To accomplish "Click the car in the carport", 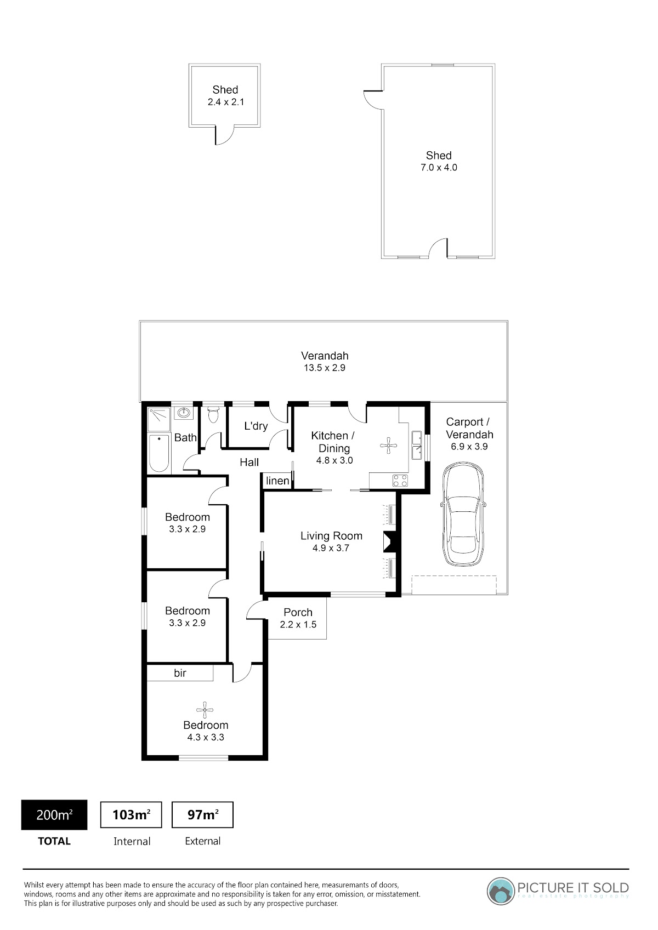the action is coord(463,514).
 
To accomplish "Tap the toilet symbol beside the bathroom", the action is coord(213,414).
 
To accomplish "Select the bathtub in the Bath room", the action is coord(159,453).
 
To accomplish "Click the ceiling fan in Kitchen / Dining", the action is coord(388,446).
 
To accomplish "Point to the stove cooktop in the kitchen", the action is coord(400,481).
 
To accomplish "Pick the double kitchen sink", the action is coord(416,445).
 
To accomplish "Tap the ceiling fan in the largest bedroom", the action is coord(205,710).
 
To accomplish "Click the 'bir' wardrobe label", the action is coord(180,673).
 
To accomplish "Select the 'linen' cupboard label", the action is coord(277,481).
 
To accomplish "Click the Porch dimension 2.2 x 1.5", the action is coord(298,624).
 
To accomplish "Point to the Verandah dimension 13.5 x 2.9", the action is coord(325,368).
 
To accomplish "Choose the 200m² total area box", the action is coord(54,815).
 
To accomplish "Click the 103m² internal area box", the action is coord(131,815).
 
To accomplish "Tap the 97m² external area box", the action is coord(203,815).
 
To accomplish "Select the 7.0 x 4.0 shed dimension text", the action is coord(439,168).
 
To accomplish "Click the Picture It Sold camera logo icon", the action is coord(501,891).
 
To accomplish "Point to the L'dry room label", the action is coord(256,426).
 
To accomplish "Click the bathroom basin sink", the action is coord(183,413).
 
